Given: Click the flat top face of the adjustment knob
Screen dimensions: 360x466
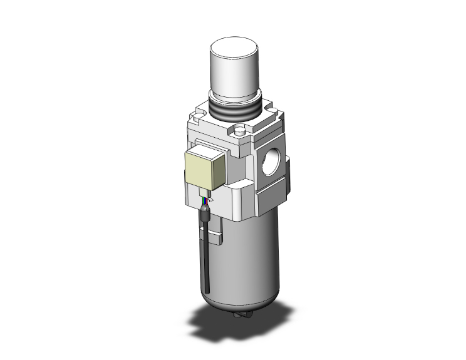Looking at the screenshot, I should (234, 48).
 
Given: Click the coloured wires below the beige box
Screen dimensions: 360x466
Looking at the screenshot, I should (206, 201).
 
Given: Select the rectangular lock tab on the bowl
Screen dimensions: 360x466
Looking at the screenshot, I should (215, 238).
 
